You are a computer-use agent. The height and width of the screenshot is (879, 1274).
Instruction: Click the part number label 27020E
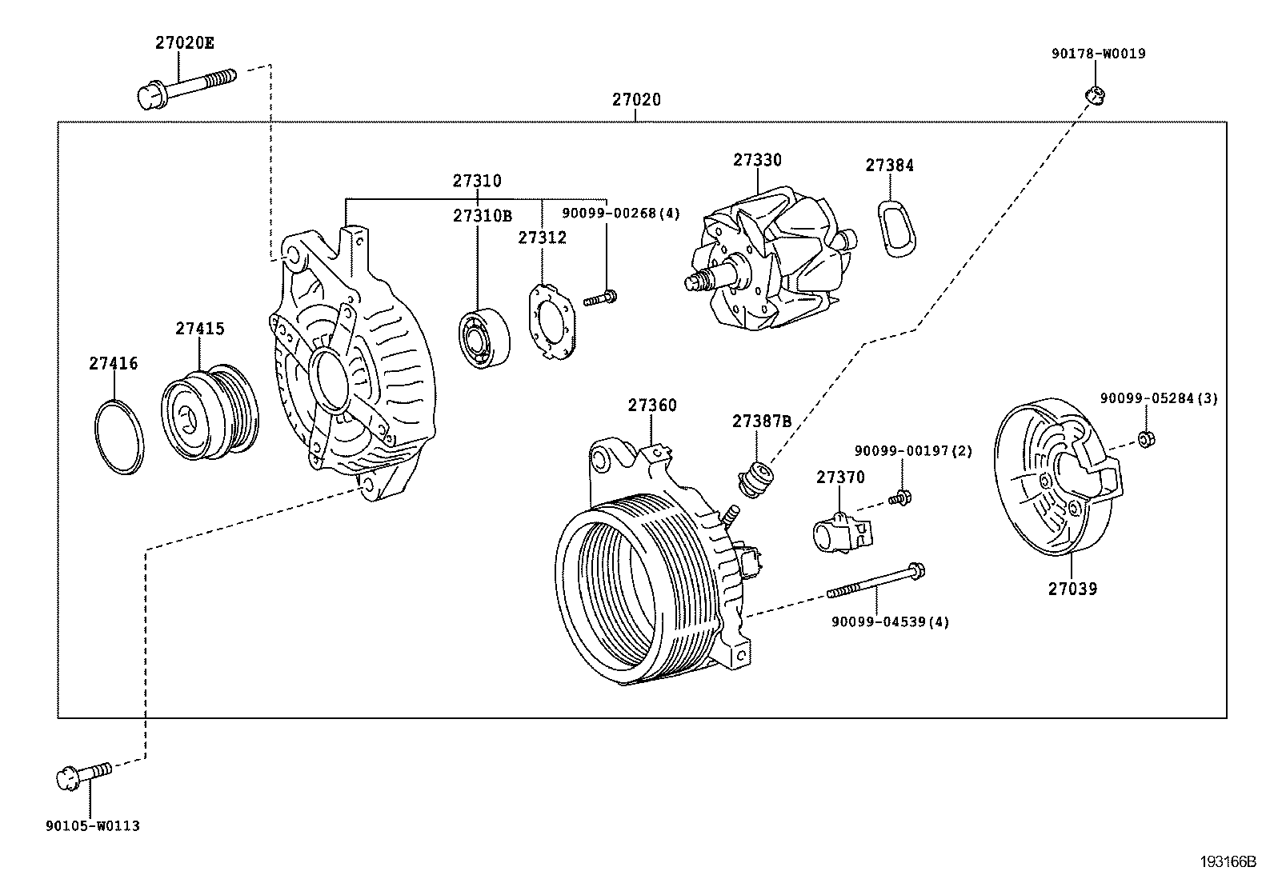pyautogui.click(x=184, y=44)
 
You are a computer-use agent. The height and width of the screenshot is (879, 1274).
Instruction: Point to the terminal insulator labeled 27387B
pyautogui.click(x=755, y=478)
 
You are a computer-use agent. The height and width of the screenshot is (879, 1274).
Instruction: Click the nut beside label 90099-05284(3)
pyautogui.click(x=1145, y=438)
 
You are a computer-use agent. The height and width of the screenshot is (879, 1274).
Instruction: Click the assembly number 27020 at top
pyautogui.click(x=636, y=100)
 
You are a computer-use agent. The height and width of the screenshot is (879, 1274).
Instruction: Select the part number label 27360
pyautogui.click(x=651, y=406)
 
